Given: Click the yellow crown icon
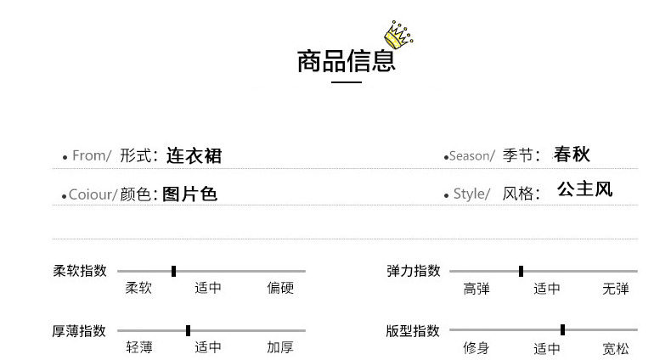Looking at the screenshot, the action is [398, 34].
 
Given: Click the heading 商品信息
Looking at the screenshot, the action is [346, 62].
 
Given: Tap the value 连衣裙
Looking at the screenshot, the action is [194, 155].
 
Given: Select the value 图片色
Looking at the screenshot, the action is [189, 194].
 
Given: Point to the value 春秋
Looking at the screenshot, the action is [571, 155].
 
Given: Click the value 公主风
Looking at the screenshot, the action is [584, 189].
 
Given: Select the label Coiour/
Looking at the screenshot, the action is [92, 194].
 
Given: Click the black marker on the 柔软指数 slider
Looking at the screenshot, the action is [173, 271].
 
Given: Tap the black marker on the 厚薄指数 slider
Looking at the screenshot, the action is [188, 330].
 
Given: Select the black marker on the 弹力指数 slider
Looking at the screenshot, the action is [521, 271].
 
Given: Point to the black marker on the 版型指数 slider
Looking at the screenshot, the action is [562, 329].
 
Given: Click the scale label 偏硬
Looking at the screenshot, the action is [280, 289].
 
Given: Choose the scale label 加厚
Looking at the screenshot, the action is [280, 347].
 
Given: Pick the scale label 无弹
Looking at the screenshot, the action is [616, 289].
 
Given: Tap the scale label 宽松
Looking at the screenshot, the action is [616, 348].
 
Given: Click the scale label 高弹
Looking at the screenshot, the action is [476, 289].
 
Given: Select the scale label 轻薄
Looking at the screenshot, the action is [139, 347].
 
